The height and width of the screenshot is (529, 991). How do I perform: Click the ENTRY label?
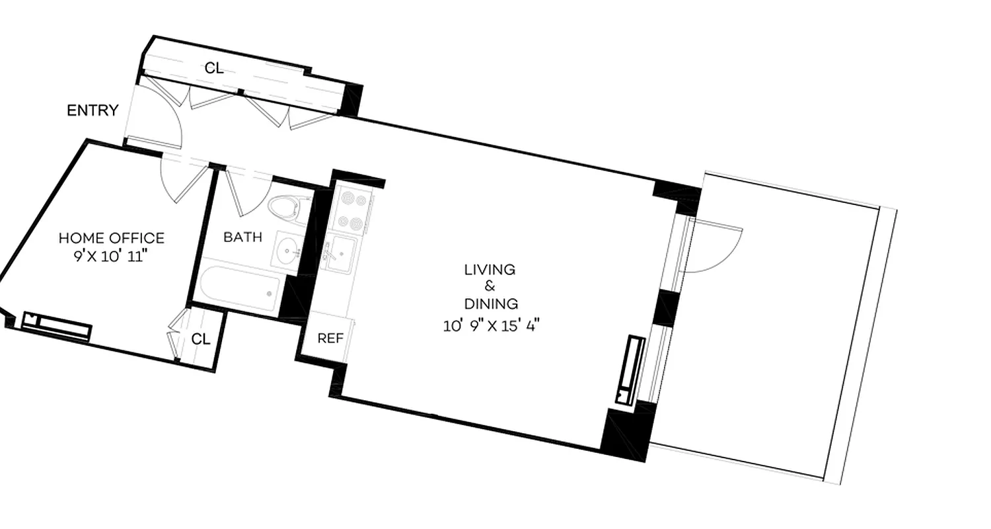pos(92,110)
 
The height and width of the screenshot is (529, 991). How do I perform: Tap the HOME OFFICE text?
pos(111,237)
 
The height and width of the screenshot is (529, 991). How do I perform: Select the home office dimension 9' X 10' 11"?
pos(110,257)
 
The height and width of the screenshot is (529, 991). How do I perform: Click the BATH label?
pos(242,237)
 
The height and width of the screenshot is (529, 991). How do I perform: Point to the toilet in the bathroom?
pos(286,208)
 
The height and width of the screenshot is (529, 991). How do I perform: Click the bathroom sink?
pos(287,251)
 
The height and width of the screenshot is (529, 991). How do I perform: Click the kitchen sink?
pos(343,251)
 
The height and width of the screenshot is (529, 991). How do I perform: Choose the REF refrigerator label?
pos(330,339)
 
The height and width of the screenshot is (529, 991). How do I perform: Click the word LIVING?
pos(490,270)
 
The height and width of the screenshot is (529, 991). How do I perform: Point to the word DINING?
pos(491,304)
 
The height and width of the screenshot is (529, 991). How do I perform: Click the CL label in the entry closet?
pos(213,67)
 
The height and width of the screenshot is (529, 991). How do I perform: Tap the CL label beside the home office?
pos(201,339)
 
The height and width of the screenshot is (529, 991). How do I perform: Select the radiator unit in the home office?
pos(56,325)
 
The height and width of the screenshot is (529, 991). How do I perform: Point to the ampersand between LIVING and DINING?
pos(490,287)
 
